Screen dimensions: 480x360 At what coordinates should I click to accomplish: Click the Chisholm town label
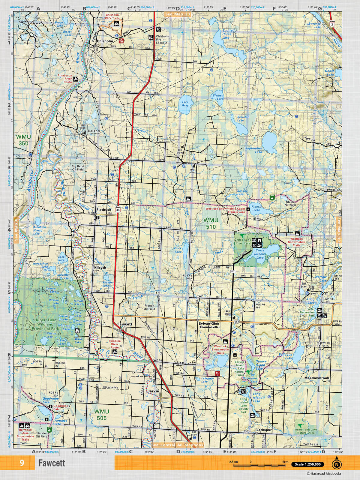[x=105, y=41]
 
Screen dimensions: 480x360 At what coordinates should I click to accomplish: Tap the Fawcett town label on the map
[x=124, y=324]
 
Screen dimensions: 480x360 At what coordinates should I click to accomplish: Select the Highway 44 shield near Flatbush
[x=118, y=210]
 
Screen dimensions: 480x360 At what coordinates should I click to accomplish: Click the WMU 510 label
[x=211, y=223]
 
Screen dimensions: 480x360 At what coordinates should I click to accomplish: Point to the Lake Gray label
[x=185, y=103]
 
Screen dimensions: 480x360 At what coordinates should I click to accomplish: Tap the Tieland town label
[x=93, y=131]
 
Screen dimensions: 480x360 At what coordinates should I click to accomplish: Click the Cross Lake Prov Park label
[x=243, y=241]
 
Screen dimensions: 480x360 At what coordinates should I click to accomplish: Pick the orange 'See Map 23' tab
[x=178, y=14]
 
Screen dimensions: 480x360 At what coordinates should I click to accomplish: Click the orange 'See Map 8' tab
[x=16, y=229]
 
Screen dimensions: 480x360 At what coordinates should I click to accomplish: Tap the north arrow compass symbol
[x=337, y=464]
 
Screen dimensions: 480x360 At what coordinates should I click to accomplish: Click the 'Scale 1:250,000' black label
[x=307, y=464]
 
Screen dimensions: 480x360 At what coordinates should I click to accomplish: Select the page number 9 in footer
[x=22, y=463]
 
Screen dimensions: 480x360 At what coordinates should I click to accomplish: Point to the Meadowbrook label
[x=316, y=378]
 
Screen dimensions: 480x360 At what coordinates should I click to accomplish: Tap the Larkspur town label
[x=264, y=430]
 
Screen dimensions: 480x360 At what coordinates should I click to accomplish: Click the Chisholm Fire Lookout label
[x=162, y=40]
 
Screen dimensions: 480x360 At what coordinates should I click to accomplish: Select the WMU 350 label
[x=23, y=140]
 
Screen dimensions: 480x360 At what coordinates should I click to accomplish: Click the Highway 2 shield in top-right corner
[x=332, y=24]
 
